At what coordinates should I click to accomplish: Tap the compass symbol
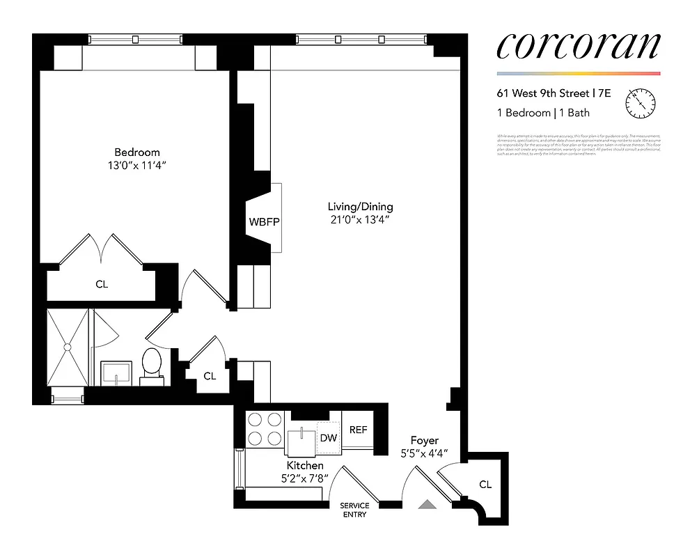(640, 104)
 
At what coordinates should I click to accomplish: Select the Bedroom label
(137, 152)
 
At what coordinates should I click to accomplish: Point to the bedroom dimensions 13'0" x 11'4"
(137, 166)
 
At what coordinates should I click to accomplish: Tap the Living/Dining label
(361, 206)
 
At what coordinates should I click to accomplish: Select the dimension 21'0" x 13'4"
(361, 220)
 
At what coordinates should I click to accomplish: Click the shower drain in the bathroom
(68, 346)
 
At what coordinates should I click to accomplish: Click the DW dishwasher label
(328, 438)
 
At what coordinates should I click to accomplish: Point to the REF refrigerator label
(358, 430)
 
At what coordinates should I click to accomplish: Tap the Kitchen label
(305, 465)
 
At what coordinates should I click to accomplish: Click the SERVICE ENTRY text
(354, 510)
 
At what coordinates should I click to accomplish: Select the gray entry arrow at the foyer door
(427, 505)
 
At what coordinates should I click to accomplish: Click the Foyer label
(424, 440)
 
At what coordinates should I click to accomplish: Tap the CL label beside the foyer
(485, 484)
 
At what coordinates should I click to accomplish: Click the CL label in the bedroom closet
(102, 284)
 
